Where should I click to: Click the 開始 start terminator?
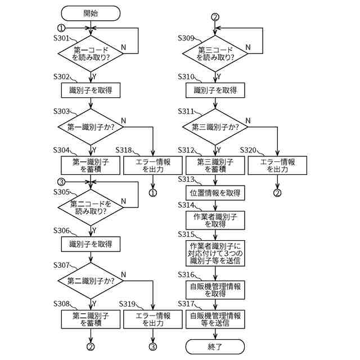[x=91, y=13]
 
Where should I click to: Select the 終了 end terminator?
[x=215, y=346]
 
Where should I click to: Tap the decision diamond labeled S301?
[x=91, y=53]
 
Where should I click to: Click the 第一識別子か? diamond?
[x=91, y=127]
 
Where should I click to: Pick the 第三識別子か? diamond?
[x=215, y=127]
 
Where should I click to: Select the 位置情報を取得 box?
[x=215, y=193]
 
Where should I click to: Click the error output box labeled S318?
[x=153, y=165]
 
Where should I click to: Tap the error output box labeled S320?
[x=277, y=165]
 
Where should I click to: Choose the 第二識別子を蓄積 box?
[x=91, y=319]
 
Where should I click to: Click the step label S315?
[x=186, y=234]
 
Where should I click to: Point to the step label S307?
[x=61, y=265]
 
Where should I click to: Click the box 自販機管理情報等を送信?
[x=215, y=319]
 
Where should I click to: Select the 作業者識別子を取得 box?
[x=215, y=220]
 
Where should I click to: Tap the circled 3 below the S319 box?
[x=153, y=346]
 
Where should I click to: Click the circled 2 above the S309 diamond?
[x=215, y=17]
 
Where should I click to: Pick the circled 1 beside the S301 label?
[x=61, y=28]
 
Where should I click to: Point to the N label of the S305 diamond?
[x=124, y=201]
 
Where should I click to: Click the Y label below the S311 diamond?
[x=219, y=150]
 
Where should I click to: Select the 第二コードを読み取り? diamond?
[x=91, y=208]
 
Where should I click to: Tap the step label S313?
[x=186, y=179]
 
